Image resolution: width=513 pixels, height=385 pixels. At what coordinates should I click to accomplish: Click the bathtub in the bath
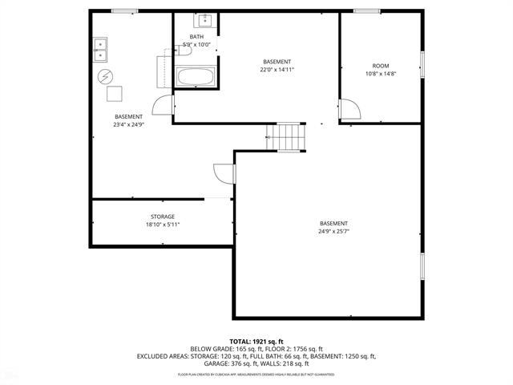pos(196,78)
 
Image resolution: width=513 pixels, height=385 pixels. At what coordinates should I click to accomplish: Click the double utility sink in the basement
pos(101,50)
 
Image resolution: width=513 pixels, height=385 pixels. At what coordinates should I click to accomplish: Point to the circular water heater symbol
pos(105,77)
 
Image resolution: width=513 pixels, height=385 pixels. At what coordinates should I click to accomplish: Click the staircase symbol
pos(289,137)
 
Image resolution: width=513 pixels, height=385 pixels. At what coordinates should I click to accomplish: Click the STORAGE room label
pos(163,217)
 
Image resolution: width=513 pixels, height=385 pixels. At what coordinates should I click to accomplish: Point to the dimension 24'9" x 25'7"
pos(333,233)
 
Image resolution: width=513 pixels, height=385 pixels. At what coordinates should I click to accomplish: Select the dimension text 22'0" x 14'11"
pos(277,70)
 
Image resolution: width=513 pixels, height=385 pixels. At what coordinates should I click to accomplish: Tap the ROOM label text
pos(381,65)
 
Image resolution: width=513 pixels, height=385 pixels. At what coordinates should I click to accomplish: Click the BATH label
pos(196,38)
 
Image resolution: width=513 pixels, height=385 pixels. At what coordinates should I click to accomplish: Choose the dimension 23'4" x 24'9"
pos(128,125)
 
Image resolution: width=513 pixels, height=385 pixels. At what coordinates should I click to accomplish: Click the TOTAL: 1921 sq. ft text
pos(256,342)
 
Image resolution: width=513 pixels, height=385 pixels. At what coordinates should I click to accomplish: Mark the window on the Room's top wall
pos(367,11)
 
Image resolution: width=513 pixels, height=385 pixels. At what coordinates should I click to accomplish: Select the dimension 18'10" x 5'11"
pos(163,225)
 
